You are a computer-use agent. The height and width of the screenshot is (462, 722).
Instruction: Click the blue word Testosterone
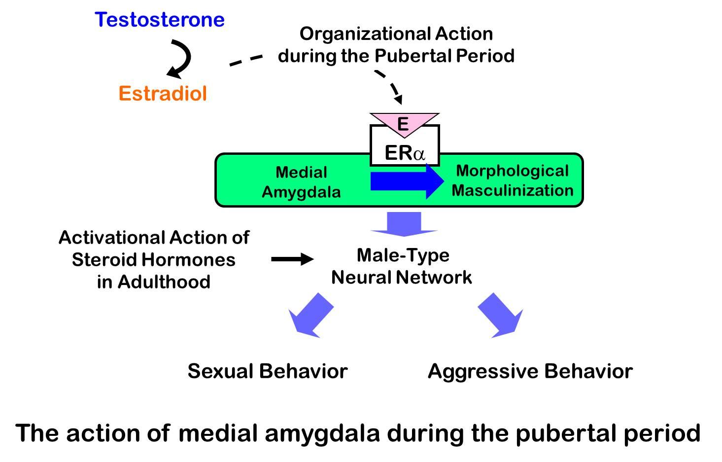tap(160, 20)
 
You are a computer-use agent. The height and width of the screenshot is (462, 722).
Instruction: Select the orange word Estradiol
tap(163, 94)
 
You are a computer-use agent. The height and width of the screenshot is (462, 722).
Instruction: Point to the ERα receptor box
tap(404, 152)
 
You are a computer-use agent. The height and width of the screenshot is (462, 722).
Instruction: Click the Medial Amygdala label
tap(301, 182)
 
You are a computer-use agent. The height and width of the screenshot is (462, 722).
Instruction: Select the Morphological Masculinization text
tap(513, 180)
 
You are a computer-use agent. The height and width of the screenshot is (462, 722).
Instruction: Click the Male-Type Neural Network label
tap(402, 266)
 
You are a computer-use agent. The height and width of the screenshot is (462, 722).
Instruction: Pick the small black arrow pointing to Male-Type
tap(292, 259)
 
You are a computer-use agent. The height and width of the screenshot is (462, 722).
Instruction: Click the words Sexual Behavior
tap(268, 371)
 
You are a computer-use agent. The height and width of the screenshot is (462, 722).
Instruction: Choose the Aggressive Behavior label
tap(530, 371)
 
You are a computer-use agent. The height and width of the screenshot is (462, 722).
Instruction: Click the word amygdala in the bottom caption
tap(323, 433)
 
